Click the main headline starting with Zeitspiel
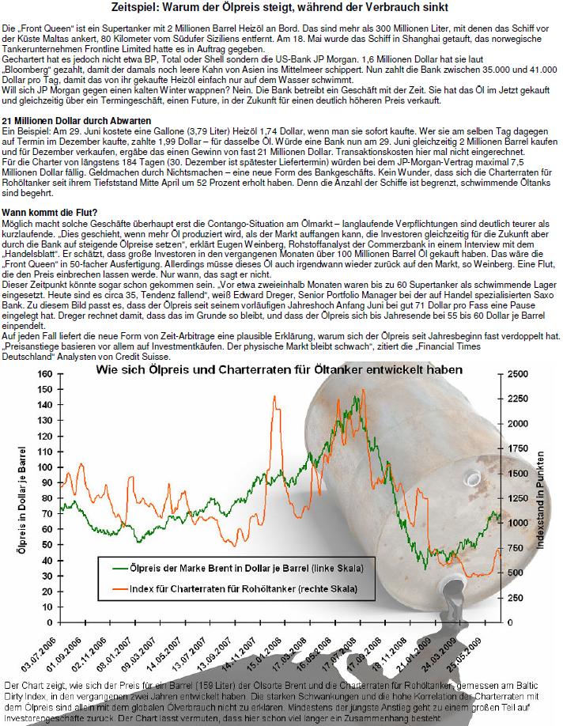tap(281, 7)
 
